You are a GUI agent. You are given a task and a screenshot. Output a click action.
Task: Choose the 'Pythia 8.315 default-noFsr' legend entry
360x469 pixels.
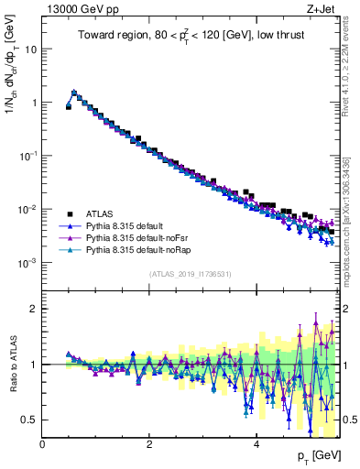point(138,236)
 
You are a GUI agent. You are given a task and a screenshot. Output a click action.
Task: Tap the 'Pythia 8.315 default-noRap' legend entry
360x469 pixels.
point(140,248)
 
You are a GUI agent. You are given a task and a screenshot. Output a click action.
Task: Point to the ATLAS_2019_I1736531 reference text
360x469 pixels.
point(191,274)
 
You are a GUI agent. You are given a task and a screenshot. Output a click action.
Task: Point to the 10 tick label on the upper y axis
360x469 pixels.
point(30,49)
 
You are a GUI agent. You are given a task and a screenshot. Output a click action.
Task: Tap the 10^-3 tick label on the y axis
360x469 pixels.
point(27,263)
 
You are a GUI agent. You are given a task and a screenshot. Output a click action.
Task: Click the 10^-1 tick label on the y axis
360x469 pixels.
point(27,156)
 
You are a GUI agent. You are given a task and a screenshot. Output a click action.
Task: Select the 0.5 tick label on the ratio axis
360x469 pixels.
point(28,420)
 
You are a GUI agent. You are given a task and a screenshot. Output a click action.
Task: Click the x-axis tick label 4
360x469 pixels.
point(256,444)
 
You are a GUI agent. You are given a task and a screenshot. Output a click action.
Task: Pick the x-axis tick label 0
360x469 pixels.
point(42,444)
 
